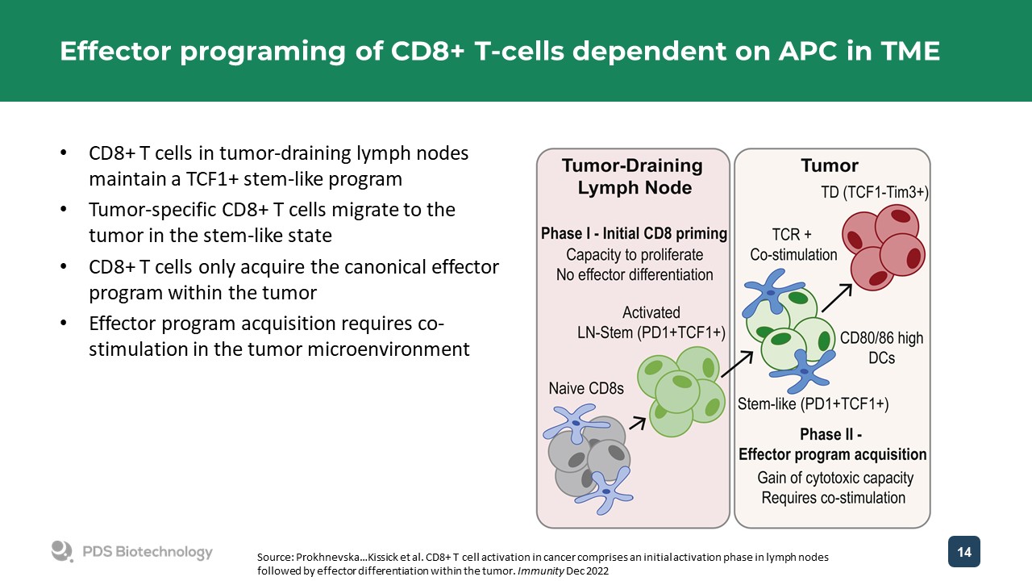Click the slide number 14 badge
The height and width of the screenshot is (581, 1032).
[x=963, y=551]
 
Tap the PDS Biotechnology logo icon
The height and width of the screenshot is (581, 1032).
[x=62, y=551]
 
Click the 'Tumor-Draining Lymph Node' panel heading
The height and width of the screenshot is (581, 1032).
[x=632, y=176]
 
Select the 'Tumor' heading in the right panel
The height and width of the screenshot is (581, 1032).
[x=829, y=166]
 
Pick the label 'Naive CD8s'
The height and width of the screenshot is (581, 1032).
[x=587, y=388]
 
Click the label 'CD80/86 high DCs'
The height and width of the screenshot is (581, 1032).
[x=881, y=347]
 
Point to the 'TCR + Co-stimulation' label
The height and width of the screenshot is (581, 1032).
[x=793, y=244]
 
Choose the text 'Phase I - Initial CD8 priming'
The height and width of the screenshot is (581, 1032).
[x=634, y=234]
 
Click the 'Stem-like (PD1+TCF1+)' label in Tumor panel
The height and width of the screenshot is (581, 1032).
[x=813, y=403]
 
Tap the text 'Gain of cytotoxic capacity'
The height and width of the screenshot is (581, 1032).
[x=834, y=478]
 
